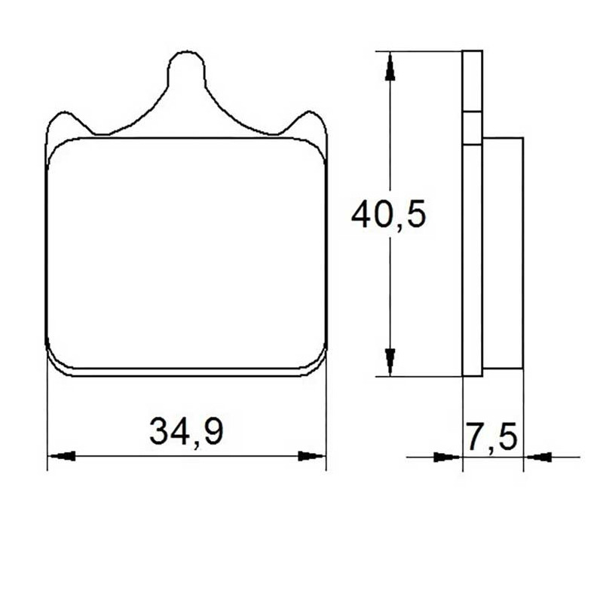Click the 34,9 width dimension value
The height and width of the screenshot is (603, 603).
click(186, 431)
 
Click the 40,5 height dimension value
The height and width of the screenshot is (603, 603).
click(388, 214)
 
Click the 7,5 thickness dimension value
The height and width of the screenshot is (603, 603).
click(492, 436)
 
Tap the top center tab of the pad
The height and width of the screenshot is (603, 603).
click(186, 71)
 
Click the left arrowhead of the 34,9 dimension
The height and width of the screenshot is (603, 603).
click(61, 456)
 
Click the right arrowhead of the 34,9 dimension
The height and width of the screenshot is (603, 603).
click(312, 456)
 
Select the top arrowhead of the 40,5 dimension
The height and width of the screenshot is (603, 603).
click(390, 66)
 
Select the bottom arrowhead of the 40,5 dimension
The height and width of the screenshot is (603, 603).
click(390, 362)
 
